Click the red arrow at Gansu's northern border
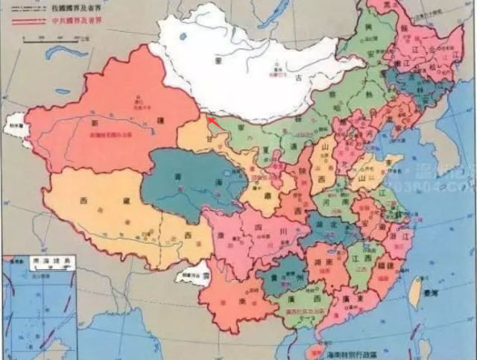tap(212, 121)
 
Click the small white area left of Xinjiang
tap(16, 127)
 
